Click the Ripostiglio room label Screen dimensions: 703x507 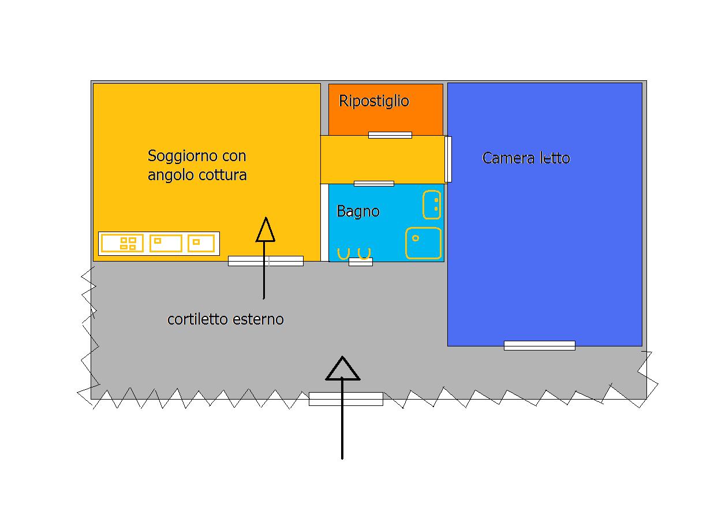(x=374, y=102)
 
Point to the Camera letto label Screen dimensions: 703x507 (x=526, y=158)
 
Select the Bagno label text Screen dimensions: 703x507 (x=358, y=211)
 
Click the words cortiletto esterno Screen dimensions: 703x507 (x=225, y=319)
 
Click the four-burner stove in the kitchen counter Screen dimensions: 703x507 (x=122, y=243)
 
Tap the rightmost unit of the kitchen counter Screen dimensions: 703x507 (x=201, y=243)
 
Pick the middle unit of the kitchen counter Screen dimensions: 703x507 (x=166, y=243)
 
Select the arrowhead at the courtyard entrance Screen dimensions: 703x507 (x=342, y=368)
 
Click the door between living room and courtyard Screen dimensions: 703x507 (x=266, y=261)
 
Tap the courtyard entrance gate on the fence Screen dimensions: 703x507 (x=346, y=398)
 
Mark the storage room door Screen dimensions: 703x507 (x=390, y=135)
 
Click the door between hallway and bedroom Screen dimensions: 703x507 (x=448, y=159)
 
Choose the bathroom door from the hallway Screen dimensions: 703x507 (x=374, y=184)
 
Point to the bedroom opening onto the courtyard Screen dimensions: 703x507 (x=540, y=345)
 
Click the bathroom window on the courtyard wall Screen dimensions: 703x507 (x=361, y=262)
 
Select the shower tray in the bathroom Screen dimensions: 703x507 (x=424, y=243)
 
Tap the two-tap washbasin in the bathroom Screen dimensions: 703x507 (x=432, y=204)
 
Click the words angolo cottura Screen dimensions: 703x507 (x=197, y=175)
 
